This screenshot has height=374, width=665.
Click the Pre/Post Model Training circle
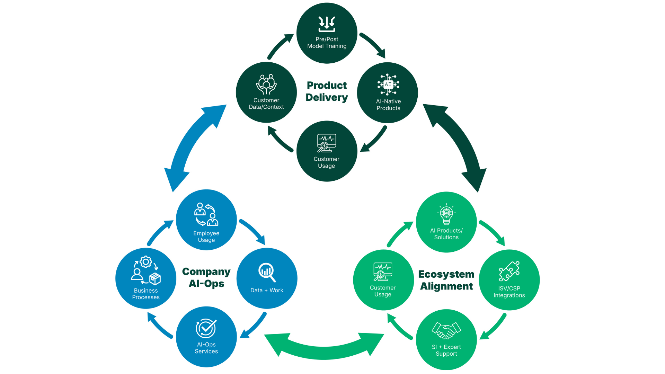pyautogui.click(x=327, y=33)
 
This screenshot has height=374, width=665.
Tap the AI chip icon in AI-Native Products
pyautogui.click(x=388, y=84)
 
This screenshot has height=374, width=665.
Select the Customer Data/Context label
pyautogui.click(x=266, y=104)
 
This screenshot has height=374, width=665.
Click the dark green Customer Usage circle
pyautogui.click(x=327, y=151)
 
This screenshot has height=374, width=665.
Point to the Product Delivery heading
pyautogui.click(x=327, y=91)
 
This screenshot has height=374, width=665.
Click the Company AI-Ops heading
pyautogui.click(x=206, y=277)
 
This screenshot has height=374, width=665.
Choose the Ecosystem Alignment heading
pyautogui.click(x=446, y=280)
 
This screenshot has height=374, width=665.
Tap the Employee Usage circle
pyautogui.click(x=206, y=220)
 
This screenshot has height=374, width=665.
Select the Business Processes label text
pyautogui.click(x=146, y=294)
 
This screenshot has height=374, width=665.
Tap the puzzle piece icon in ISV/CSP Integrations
pyautogui.click(x=509, y=271)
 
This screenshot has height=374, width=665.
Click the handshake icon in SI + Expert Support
pyautogui.click(x=446, y=330)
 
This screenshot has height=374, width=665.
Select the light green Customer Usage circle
pyautogui.click(x=383, y=280)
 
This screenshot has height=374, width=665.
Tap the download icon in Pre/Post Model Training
pyautogui.click(x=327, y=24)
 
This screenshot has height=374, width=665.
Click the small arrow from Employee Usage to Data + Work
pyautogui.click(x=253, y=231)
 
